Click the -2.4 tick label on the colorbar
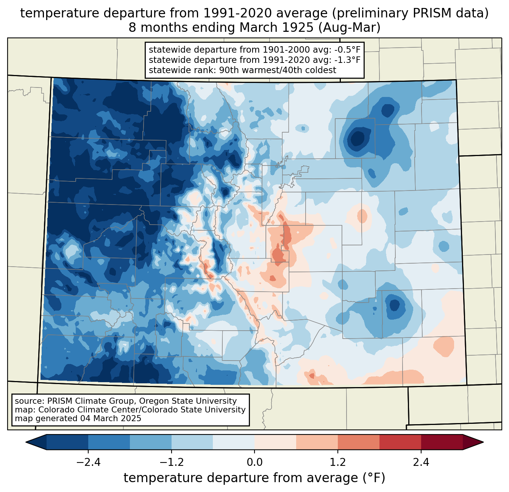(x=88, y=462)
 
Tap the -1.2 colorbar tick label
(x=172, y=462)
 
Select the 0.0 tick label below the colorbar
(x=254, y=462)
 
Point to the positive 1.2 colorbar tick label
(x=338, y=462)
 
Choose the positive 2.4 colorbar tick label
(x=421, y=462)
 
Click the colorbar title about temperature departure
(x=254, y=478)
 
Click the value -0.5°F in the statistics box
(x=348, y=50)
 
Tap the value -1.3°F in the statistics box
(x=348, y=60)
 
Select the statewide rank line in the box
(x=242, y=70)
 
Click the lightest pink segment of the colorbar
(x=275, y=442)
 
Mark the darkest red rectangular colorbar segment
(x=442, y=442)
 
